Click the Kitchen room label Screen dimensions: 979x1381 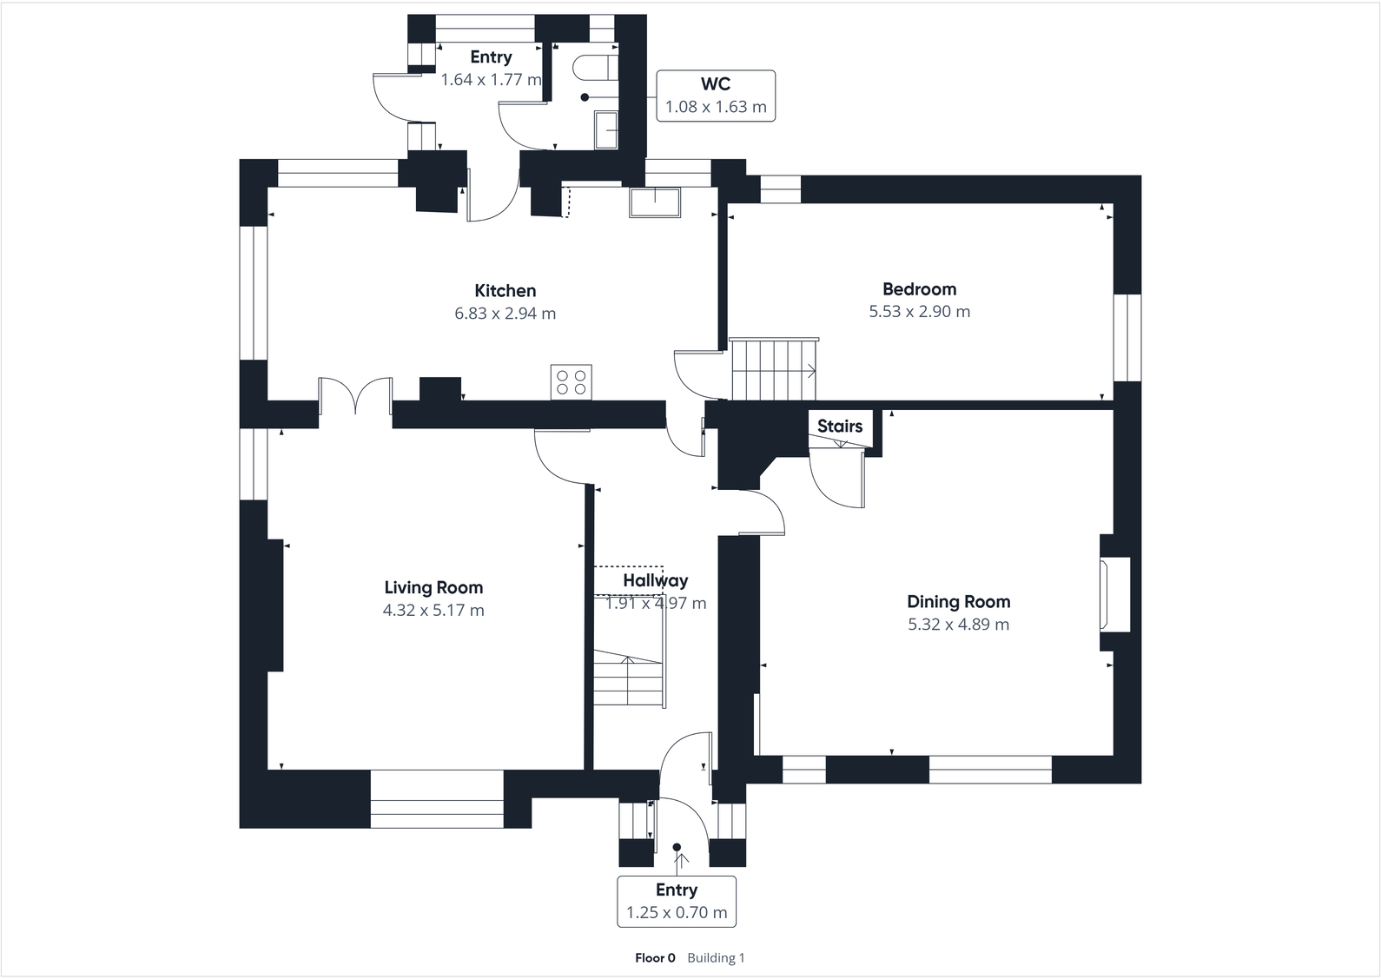coord(505,291)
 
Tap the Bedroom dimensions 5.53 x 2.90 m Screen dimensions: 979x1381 coord(919,312)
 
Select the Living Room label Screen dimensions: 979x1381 coord(433,588)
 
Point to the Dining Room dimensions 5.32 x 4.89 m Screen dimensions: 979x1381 coord(958,625)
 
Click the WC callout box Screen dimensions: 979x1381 coord(715,96)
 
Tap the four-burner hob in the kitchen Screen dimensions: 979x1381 coord(571,382)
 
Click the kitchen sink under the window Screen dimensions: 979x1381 coord(655,202)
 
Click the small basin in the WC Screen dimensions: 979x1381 coord(606,129)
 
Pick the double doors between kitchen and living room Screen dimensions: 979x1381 coord(354,397)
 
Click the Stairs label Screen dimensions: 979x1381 coord(839,427)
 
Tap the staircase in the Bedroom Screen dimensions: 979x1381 coord(771,369)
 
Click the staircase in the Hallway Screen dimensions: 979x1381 coord(629,678)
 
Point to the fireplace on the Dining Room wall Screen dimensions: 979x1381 coord(1115,595)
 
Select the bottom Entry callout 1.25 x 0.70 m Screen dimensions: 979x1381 coord(676,902)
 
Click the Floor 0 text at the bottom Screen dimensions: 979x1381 coord(655,958)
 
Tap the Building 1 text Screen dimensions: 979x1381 coord(716,958)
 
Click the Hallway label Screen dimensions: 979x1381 coord(655,580)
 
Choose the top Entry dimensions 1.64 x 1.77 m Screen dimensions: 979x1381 coord(491,80)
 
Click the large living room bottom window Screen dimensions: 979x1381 coord(437,798)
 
